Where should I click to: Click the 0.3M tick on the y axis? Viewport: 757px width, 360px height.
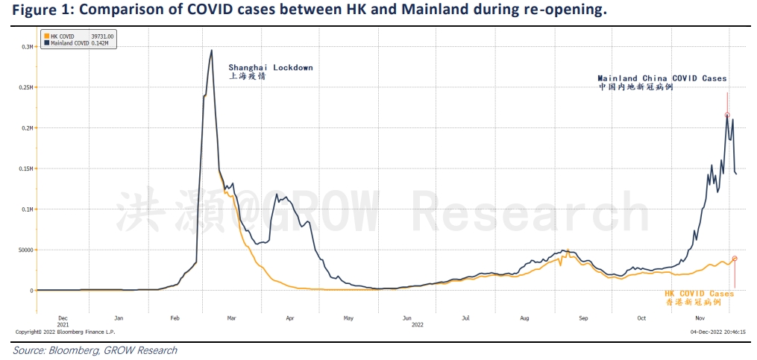click(x=28, y=47)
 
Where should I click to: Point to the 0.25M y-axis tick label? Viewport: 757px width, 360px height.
click(x=27, y=87)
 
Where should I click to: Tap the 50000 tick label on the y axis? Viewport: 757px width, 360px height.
click(x=26, y=250)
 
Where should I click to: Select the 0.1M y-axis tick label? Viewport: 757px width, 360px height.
click(x=28, y=209)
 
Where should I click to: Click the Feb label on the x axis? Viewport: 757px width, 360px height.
click(x=175, y=318)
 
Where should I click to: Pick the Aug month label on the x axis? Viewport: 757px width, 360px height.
click(x=524, y=318)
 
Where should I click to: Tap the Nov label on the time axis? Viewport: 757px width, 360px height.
click(x=700, y=318)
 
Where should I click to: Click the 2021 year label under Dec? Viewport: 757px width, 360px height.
click(x=63, y=325)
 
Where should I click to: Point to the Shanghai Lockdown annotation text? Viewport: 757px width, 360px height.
click(x=270, y=67)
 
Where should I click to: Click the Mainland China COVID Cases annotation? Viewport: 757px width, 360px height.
click(x=662, y=78)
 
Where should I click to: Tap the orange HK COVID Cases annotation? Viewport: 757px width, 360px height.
click(x=699, y=294)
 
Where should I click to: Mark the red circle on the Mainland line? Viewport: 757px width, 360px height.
click(x=727, y=115)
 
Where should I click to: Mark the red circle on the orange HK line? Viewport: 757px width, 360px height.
click(x=735, y=259)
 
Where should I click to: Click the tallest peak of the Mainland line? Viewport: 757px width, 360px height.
click(x=212, y=51)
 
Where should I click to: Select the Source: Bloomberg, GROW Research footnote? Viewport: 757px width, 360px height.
click(x=95, y=350)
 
